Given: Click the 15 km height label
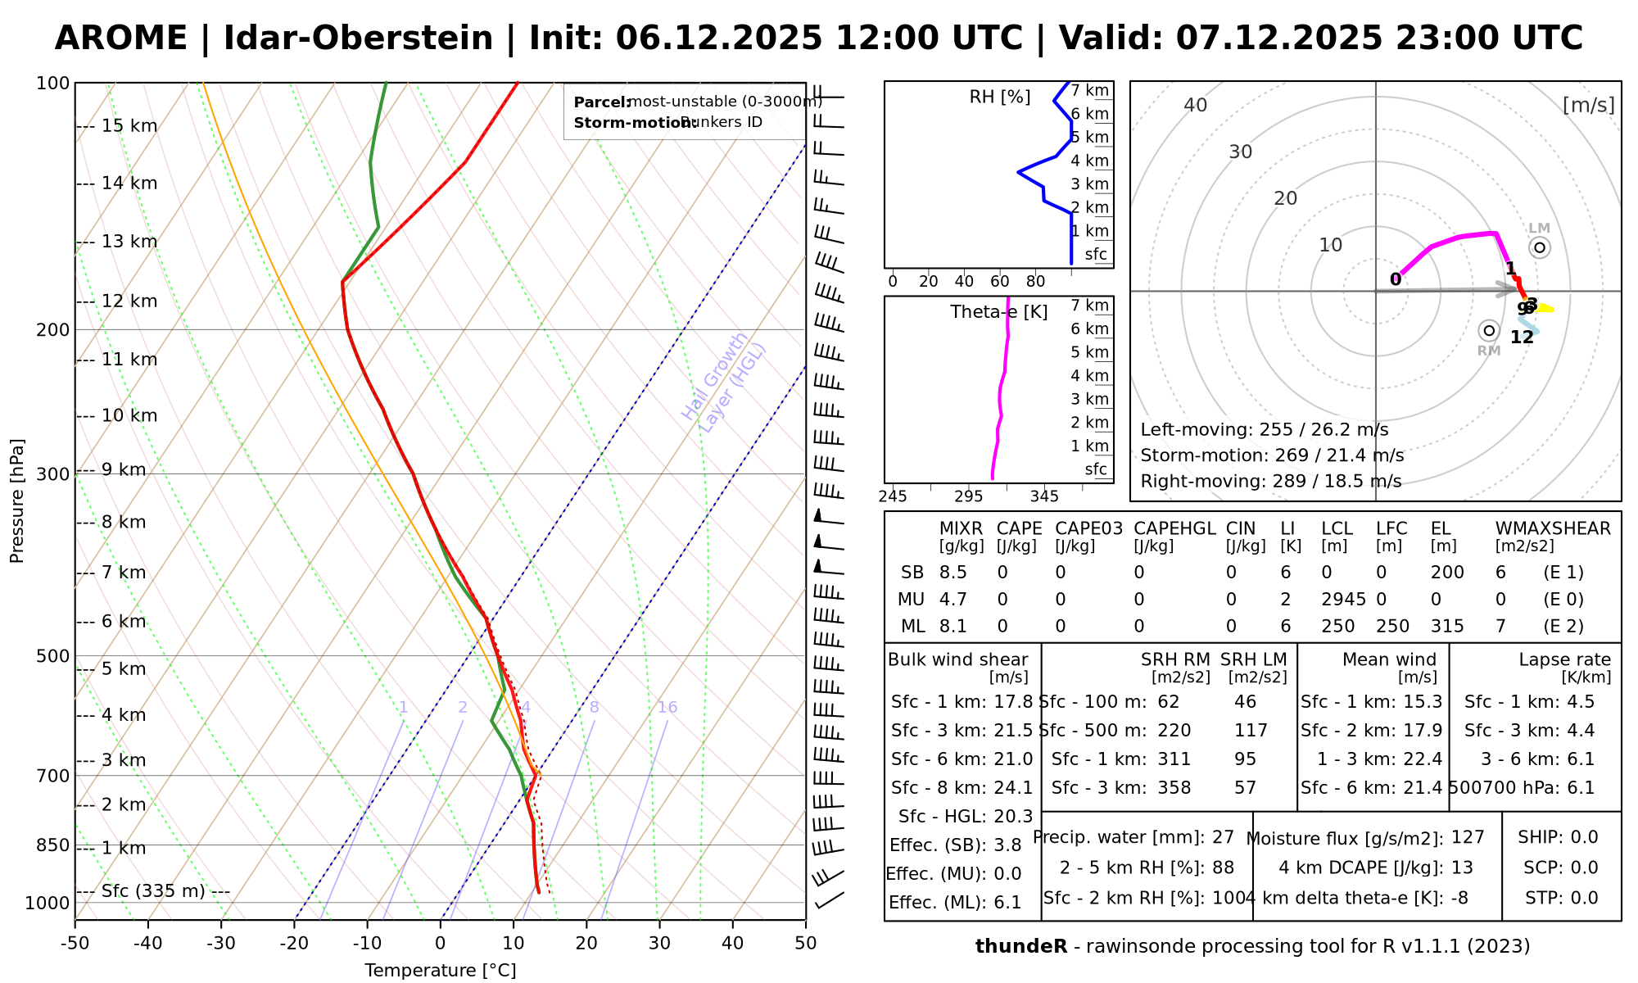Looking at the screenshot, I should (x=129, y=126).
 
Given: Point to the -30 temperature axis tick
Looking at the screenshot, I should (x=221, y=943).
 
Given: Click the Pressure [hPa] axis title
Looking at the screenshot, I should (x=17, y=501).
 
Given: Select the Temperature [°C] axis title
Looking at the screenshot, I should (x=441, y=971).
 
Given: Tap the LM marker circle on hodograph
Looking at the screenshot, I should (x=1540, y=247).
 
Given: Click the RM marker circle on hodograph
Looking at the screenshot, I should (x=1489, y=331).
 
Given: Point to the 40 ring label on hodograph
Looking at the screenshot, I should (x=1196, y=105).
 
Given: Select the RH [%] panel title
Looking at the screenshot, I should (x=999, y=97).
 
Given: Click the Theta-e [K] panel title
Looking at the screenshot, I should (x=999, y=312).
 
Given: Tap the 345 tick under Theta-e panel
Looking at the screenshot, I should (x=1044, y=496).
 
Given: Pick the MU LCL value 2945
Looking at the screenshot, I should (x=1343, y=600).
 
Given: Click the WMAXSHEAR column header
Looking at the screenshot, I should (x=1553, y=528).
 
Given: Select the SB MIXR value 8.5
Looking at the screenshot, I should (x=953, y=573).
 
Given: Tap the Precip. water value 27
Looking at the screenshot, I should (x=1223, y=837).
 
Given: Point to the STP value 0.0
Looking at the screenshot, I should (x=1584, y=898).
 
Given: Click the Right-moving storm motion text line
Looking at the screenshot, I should (x=1270, y=481).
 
